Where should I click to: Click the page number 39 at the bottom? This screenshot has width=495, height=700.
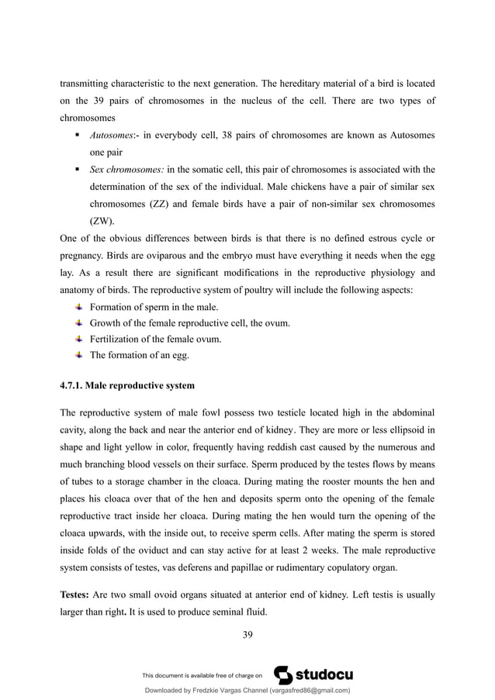click(247, 635)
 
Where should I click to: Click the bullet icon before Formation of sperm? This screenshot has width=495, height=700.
click(79, 309)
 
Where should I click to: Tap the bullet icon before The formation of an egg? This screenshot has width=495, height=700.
click(79, 355)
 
